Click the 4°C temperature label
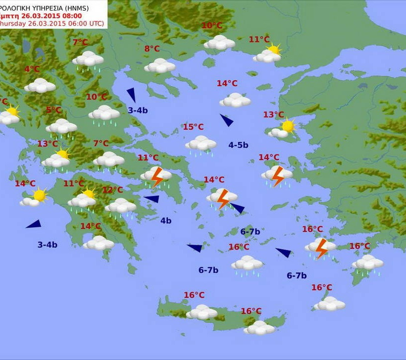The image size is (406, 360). pyautogui.click(x=32, y=69)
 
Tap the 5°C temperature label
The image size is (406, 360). pyautogui.click(x=54, y=110)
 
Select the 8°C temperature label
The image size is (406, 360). pyautogui.click(x=152, y=49)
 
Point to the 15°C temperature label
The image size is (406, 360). pyautogui.click(x=193, y=127)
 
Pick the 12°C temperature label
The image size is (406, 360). pyautogui.click(x=112, y=190)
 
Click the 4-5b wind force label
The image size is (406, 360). pyautogui.click(x=238, y=145)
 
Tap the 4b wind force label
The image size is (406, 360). pyautogui.click(x=165, y=220)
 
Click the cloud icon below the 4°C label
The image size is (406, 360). pyautogui.click(x=40, y=86)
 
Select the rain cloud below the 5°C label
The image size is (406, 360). pyautogui.click(x=61, y=127)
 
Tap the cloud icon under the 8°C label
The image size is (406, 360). pyautogui.click(x=160, y=65)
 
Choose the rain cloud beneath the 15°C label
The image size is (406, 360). pyautogui.click(x=201, y=144)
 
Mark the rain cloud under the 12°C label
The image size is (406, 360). pyautogui.click(x=120, y=206)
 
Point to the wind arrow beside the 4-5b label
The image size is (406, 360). pyautogui.click(x=227, y=120)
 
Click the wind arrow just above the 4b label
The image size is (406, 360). pyautogui.click(x=152, y=199)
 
